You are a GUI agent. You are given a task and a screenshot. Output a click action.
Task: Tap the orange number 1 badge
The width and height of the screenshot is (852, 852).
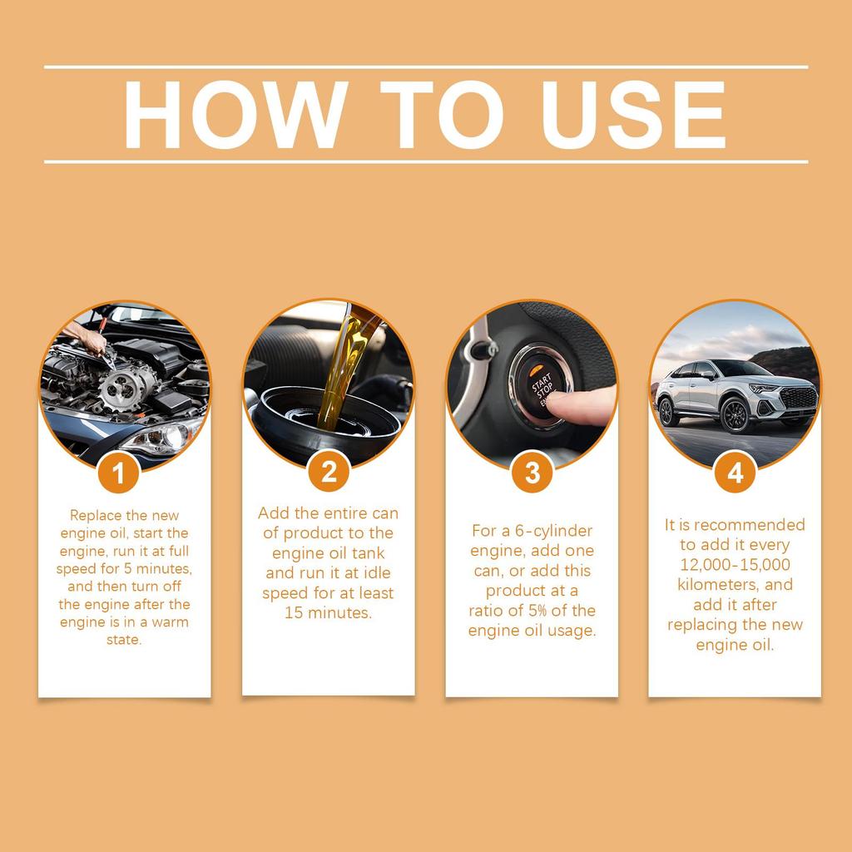119,473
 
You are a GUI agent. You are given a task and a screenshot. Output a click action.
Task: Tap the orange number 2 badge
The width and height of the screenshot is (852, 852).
329,472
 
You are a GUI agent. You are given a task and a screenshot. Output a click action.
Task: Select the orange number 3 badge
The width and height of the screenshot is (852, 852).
532,472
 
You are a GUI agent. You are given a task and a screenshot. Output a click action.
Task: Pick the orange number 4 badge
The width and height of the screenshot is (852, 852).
736,472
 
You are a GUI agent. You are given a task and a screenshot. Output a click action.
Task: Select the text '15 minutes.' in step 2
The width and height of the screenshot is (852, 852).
329,613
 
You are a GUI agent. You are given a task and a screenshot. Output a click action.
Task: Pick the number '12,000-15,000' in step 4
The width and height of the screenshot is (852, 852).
735,564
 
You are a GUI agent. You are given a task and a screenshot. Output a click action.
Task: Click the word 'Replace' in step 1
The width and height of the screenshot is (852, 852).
97,516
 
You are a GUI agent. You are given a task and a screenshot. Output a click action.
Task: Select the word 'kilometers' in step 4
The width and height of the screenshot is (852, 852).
713,584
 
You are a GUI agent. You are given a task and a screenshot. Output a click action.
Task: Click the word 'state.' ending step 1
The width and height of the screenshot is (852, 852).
124,641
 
